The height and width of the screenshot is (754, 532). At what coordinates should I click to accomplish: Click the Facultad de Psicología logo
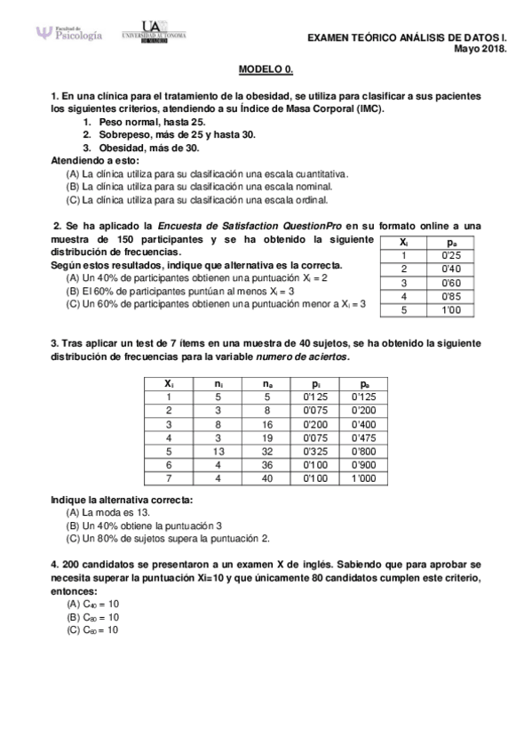pos(67,33)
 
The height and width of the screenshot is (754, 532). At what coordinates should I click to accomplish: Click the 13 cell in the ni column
pos(218,450)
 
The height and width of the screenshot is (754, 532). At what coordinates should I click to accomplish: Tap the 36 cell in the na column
pos(266,463)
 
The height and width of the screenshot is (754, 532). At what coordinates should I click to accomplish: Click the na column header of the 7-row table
pos(266,383)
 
